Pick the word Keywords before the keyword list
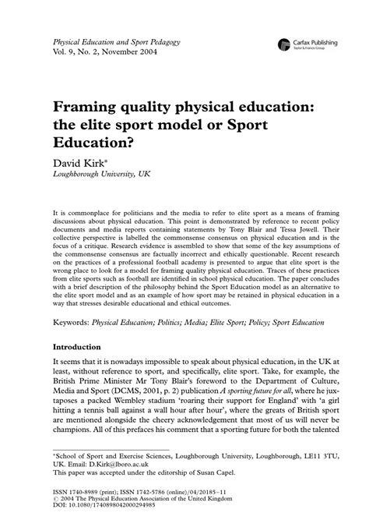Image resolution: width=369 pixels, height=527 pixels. click(x=78, y=320)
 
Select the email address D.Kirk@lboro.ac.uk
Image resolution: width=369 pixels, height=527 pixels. click(x=121, y=461)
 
